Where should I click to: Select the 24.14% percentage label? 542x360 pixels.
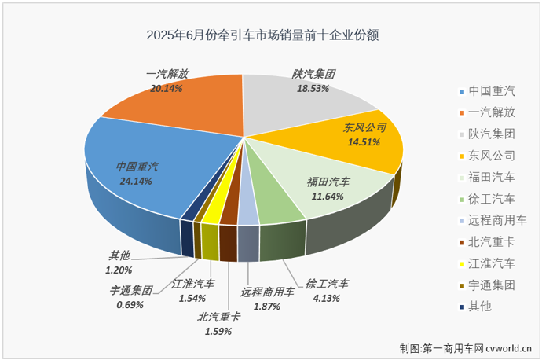(137, 180)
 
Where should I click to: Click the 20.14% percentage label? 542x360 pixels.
(167, 89)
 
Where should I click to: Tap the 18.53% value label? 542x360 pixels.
(313, 88)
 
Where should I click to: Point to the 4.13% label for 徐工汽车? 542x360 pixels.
(322, 297)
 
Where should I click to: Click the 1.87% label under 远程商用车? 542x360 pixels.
(266, 307)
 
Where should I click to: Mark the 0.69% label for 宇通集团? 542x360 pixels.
(130, 304)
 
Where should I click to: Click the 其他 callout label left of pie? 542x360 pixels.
(119, 255)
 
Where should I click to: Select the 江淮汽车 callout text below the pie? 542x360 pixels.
(192, 284)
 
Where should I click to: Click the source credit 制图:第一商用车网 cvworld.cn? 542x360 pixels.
(466, 347)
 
